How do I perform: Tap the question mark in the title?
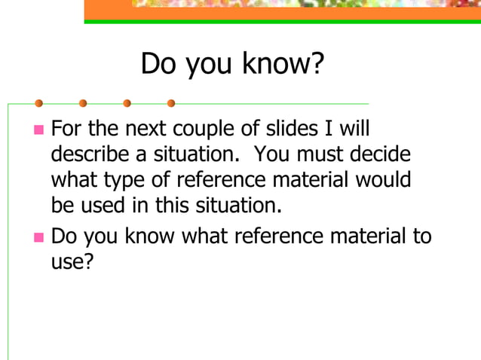click(x=317, y=65)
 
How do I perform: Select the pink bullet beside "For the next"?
click(x=39, y=131)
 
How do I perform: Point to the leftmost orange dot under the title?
click(x=38, y=103)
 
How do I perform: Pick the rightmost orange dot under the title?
click(x=171, y=103)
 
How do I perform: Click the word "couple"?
click(x=188, y=130)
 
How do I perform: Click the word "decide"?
click(x=380, y=155)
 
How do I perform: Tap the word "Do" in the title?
click(x=158, y=65)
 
